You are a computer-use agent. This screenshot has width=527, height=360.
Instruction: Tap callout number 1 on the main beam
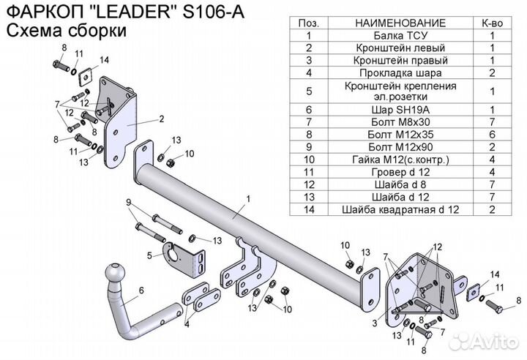pyautogui.click(x=248, y=198)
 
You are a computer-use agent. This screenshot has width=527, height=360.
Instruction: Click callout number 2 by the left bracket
pyautogui.click(x=160, y=118)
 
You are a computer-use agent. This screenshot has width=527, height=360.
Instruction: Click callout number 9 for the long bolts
pyautogui.click(x=127, y=202)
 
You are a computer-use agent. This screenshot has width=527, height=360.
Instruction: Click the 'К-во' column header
pyautogui.click(x=492, y=23)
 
